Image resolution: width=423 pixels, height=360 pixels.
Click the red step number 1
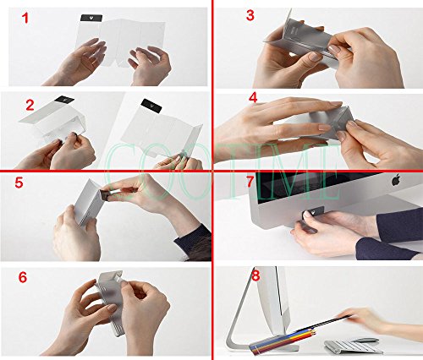25,19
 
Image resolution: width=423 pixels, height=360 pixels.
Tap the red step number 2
30,105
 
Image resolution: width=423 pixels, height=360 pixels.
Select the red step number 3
250,15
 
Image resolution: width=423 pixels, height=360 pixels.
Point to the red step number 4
253,98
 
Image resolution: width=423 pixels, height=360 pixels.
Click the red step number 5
19,183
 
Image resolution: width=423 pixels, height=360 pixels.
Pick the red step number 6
23,277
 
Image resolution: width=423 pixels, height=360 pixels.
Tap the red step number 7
250,182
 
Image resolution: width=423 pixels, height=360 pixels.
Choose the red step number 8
255,276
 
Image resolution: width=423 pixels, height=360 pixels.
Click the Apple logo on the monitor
396,179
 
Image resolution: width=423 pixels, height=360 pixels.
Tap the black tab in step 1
91,18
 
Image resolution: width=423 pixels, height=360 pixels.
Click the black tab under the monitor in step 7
314,212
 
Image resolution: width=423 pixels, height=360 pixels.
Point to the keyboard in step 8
353,347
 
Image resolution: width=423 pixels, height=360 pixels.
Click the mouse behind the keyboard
365,340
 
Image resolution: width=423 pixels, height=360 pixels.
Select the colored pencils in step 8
285,340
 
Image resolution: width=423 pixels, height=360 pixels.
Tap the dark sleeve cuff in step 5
193,243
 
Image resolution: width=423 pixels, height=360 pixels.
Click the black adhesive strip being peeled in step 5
105,195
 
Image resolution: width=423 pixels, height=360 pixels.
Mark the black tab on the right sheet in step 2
151,106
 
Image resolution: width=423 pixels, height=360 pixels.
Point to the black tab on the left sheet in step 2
64,100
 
